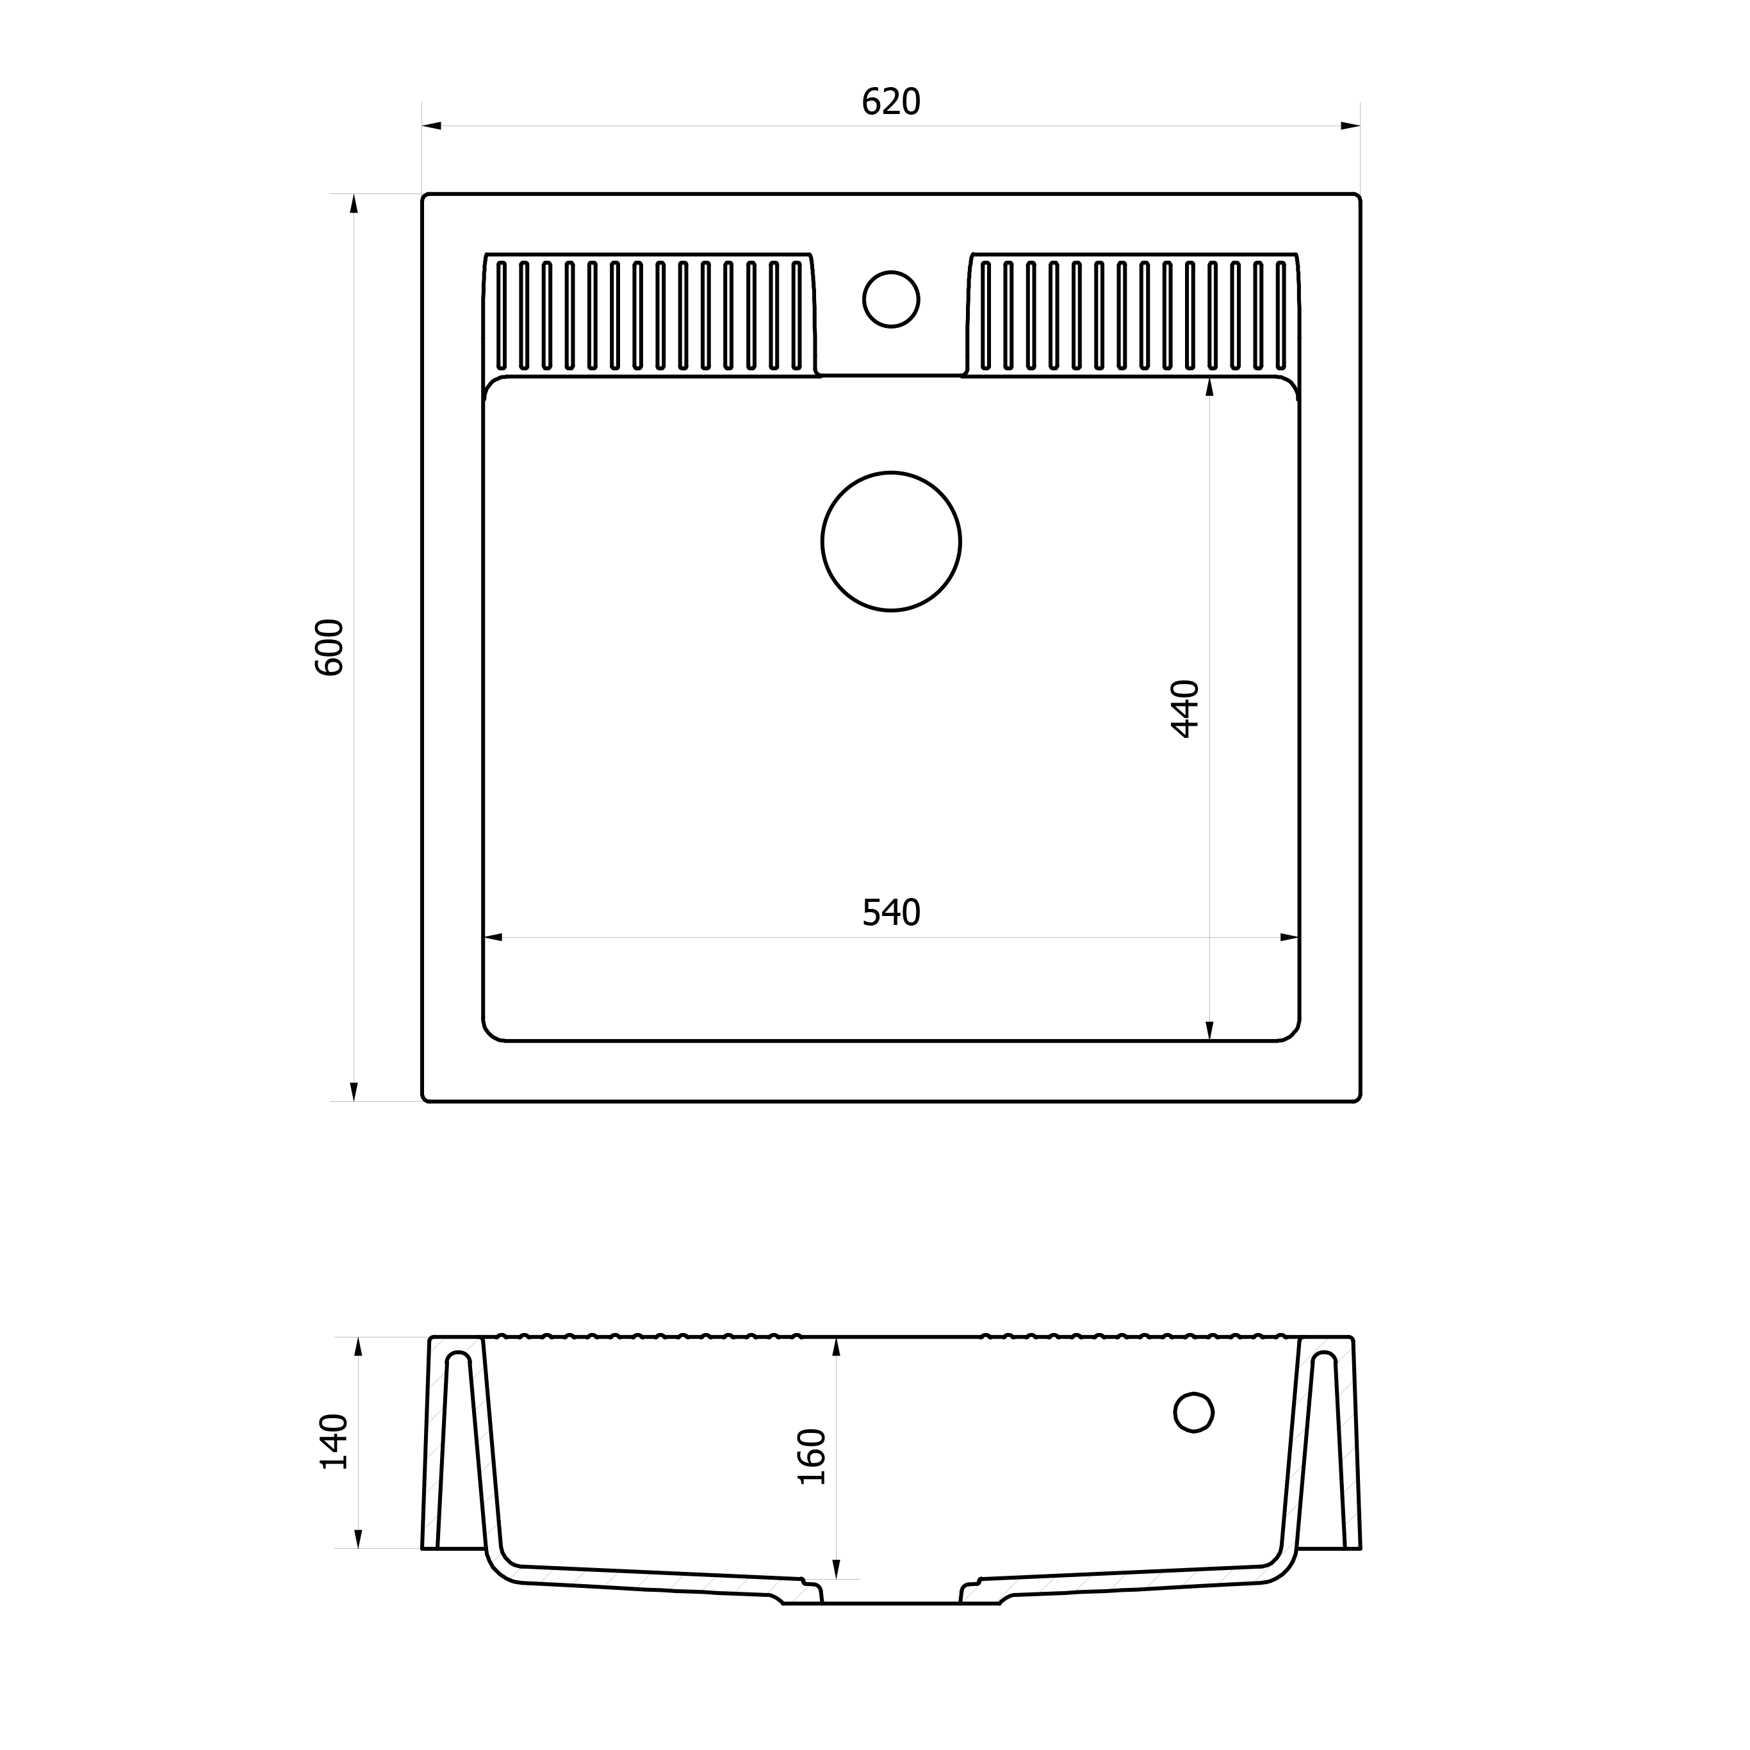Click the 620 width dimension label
[x=890, y=101]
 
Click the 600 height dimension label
[x=329, y=648]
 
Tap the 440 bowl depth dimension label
[x=1185, y=709]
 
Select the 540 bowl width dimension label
[x=890, y=912]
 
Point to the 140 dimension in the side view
[x=334, y=1441]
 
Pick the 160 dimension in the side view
[x=812, y=1457]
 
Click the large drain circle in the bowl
[x=891, y=542]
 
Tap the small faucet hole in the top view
[x=891, y=299]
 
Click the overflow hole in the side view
[x=1194, y=1412]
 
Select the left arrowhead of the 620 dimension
[x=431, y=126]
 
